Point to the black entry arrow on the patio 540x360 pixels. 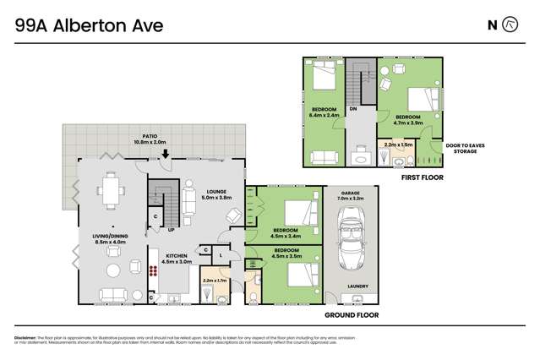(x=166, y=155)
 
